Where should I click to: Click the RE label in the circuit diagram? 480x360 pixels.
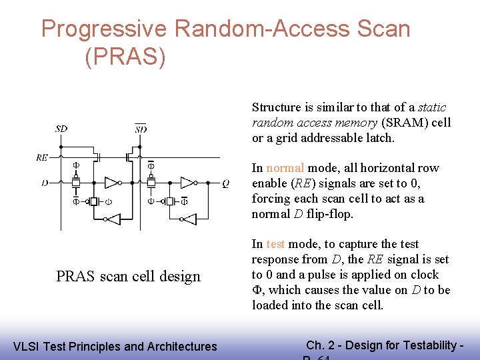42,158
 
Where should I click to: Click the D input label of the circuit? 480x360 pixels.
44,182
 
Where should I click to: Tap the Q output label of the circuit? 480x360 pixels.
226,182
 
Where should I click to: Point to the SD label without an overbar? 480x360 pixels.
61,128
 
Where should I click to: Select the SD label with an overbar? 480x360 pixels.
141,128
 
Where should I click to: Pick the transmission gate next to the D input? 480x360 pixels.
76,182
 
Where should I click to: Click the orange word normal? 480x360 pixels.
285,168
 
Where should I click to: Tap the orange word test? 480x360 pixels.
276,244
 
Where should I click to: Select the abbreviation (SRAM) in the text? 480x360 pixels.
400,123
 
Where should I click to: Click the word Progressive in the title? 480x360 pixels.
104,29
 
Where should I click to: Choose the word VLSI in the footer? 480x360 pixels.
26,346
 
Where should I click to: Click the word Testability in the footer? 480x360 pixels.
423,345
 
